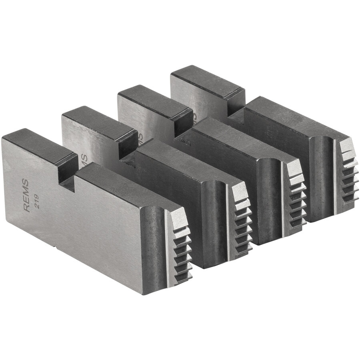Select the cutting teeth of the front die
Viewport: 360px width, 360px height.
[x=182, y=248]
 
